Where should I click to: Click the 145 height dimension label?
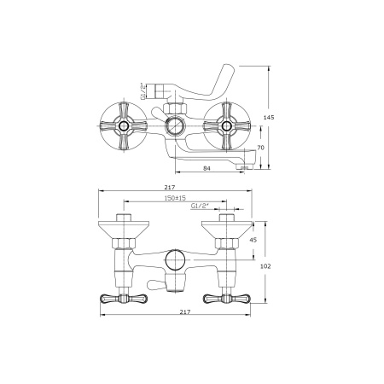click(269, 117)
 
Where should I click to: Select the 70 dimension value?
click(260, 148)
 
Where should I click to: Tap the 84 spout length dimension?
click(207, 168)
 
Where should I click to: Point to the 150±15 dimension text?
click(175, 198)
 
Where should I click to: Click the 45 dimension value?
click(253, 240)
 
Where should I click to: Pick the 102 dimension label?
click(265, 266)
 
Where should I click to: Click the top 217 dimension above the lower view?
click(170, 187)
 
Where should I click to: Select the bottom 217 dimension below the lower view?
click(185, 311)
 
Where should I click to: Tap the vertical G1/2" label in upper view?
click(143, 90)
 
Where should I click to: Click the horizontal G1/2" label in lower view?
click(199, 206)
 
